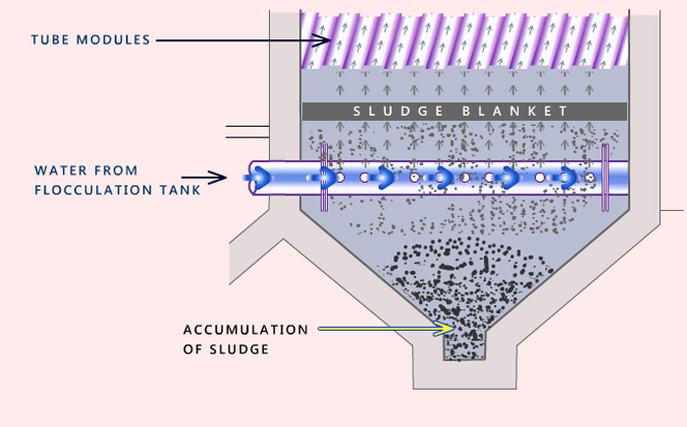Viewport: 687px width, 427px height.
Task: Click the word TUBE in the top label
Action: pos(49,40)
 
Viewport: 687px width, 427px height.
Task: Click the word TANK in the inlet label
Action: pos(179,189)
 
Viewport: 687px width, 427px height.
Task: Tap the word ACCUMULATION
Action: pos(245,329)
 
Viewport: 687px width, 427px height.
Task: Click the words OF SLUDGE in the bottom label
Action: pos(225,348)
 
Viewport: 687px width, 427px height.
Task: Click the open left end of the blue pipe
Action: pos(252,178)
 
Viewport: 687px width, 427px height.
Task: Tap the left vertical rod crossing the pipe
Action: pos(323,177)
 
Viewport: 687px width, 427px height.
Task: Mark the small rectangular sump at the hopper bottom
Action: pos(464,347)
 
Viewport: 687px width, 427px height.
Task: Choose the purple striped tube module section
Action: pos(463,40)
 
